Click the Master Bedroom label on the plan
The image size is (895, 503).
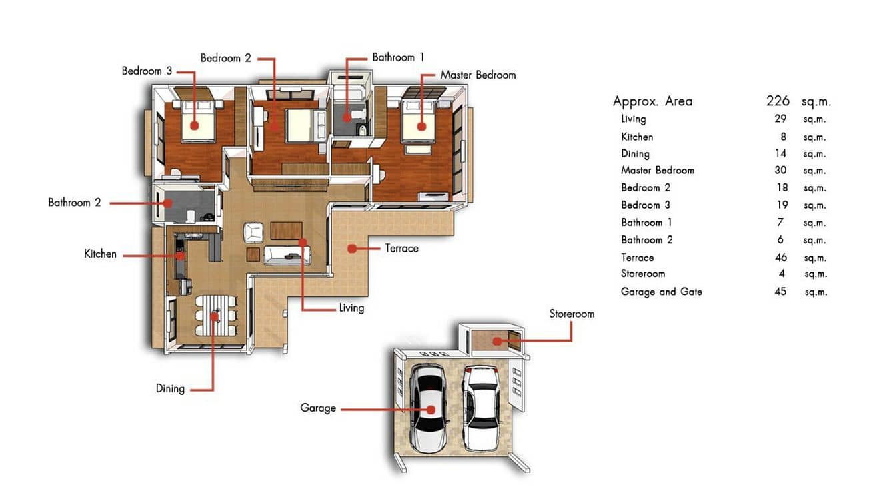(x=478, y=75)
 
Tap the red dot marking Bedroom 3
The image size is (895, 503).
(x=194, y=125)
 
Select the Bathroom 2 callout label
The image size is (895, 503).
(x=74, y=203)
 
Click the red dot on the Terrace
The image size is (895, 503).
(x=350, y=248)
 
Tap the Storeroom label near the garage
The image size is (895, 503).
(x=572, y=314)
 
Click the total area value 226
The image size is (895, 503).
(x=778, y=101)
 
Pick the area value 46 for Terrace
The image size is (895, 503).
(x=780, y=258)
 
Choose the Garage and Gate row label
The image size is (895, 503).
(x=661, y=292)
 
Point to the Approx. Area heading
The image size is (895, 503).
(x=652, y=101)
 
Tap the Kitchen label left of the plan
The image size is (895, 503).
(x=100, y=254)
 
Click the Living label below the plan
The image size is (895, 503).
(x=351, y=308)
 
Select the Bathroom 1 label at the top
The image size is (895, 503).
(x=398, y=58)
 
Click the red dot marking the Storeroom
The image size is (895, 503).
(x=497, y=341)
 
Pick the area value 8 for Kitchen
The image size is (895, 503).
(x=781, y=137)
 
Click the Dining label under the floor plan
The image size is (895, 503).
(x=170, y=388)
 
